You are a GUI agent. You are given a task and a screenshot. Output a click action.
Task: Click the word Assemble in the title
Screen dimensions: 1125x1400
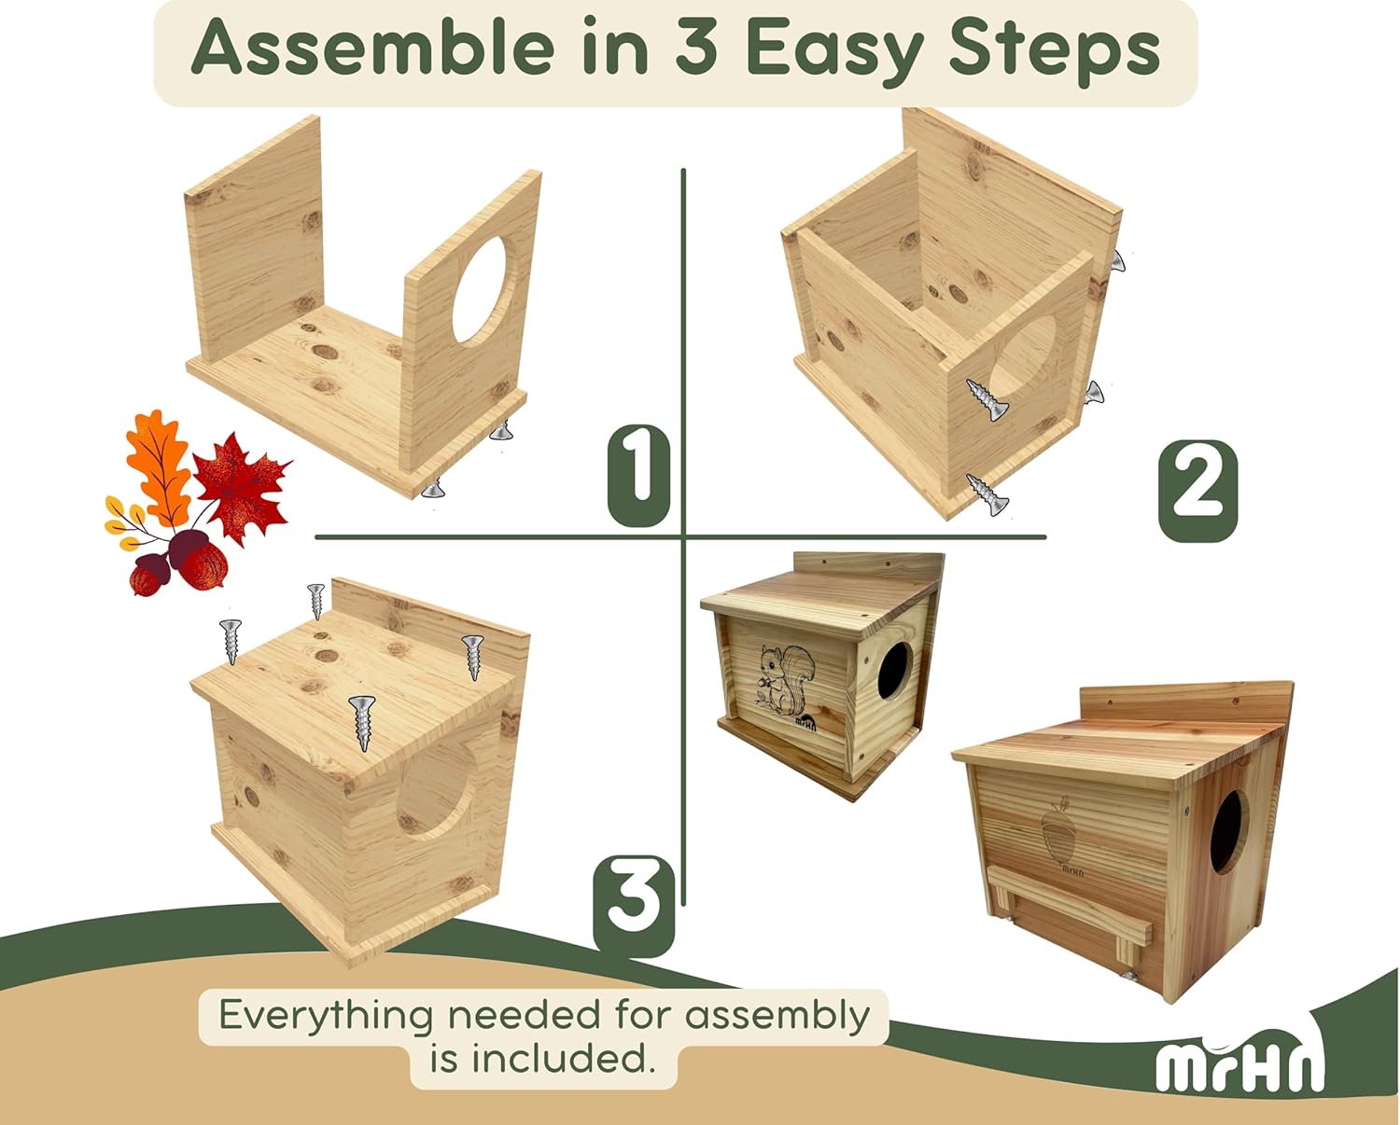pyautogui.click(x=373, y=49)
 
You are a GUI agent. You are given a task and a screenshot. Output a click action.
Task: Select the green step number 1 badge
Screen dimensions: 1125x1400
pyautogui.click(x=638, y=475)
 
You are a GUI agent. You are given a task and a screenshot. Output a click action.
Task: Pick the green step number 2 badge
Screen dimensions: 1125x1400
pyautogui.click(x=1197, y=491)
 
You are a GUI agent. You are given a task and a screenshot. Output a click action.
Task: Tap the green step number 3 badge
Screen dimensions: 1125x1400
pyautogui.click(x=634, y=905)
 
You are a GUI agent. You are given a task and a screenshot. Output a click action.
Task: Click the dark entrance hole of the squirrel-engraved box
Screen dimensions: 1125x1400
pyautogui.click(x=892, y=670)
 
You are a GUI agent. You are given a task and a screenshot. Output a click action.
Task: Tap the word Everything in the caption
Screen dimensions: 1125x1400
pyautogui.click(x=326, y=1015)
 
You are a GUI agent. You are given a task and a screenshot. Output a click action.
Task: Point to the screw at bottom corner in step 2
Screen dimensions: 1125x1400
pyautogui.click(x=987, y=494)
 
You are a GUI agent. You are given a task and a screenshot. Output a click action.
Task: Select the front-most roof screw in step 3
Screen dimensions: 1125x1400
pyautogui.click(x=362, y=723)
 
